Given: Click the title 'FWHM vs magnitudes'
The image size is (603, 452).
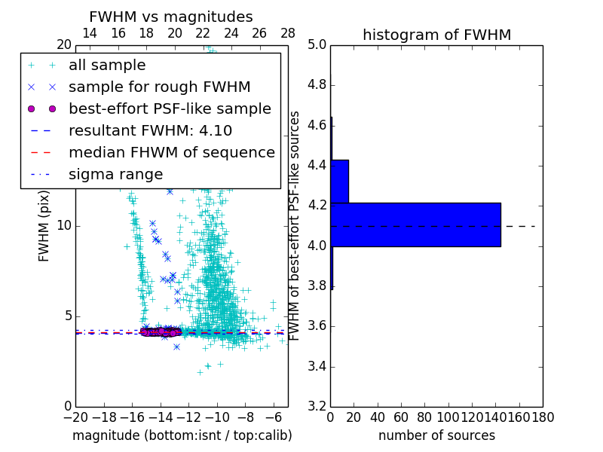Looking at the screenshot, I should tap(171, 17).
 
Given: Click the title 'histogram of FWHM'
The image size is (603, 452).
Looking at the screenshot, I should tap(436, 35).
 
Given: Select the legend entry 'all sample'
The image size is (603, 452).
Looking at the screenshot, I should tap(107, 65).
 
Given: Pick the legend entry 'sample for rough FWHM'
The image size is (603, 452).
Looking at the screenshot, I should tap(159, 87).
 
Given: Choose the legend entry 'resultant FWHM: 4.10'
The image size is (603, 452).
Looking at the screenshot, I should tap(150, 130).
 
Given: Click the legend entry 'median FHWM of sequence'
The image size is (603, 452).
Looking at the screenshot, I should tap(171, 152).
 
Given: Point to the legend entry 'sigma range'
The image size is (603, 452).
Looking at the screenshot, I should tap(115, 174).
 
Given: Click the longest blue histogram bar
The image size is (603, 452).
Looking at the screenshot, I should tap(415, 224).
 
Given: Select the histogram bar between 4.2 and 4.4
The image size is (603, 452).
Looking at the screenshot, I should tap(339, 182).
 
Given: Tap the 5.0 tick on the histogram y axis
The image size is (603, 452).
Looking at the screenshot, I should tap(317, 44).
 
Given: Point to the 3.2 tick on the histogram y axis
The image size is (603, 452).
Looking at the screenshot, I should tap(317, 407).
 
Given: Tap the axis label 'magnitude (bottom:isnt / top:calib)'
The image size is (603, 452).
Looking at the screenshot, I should tap(182, 435).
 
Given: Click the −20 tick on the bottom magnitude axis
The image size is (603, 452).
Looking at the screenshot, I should tap(75, 417).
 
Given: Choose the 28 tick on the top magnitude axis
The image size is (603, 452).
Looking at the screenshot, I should tap(288, 33).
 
